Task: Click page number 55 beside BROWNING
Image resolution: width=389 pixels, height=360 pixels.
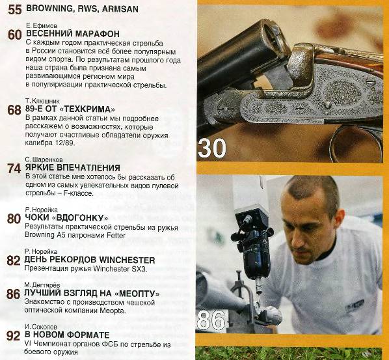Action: coord(15,10)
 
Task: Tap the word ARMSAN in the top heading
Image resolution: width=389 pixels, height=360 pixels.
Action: coord(120,9)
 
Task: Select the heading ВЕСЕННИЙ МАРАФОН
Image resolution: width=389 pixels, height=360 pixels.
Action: coord(73,33)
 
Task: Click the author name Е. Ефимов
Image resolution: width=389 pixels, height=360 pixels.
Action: coord(42,25)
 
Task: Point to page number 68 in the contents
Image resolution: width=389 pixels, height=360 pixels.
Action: coord(14,110)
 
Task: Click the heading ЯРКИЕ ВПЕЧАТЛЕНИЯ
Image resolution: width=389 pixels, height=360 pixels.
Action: coord(73,167)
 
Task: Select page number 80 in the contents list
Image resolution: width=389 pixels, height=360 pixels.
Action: coord(14,219)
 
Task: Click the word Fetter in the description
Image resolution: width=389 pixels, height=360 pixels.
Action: coord(116,235)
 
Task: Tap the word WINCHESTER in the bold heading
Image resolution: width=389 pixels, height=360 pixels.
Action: coord(127,260)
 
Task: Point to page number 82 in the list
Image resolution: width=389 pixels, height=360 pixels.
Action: coord(14,260)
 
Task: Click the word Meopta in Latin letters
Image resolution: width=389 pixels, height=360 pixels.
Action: coord(113,311)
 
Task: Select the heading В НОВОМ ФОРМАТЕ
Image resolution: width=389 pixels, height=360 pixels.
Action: coord(67,335)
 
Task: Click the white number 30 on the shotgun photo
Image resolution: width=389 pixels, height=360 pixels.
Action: coord(212,148)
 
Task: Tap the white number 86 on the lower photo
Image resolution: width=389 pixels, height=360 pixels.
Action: coord(211,320)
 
